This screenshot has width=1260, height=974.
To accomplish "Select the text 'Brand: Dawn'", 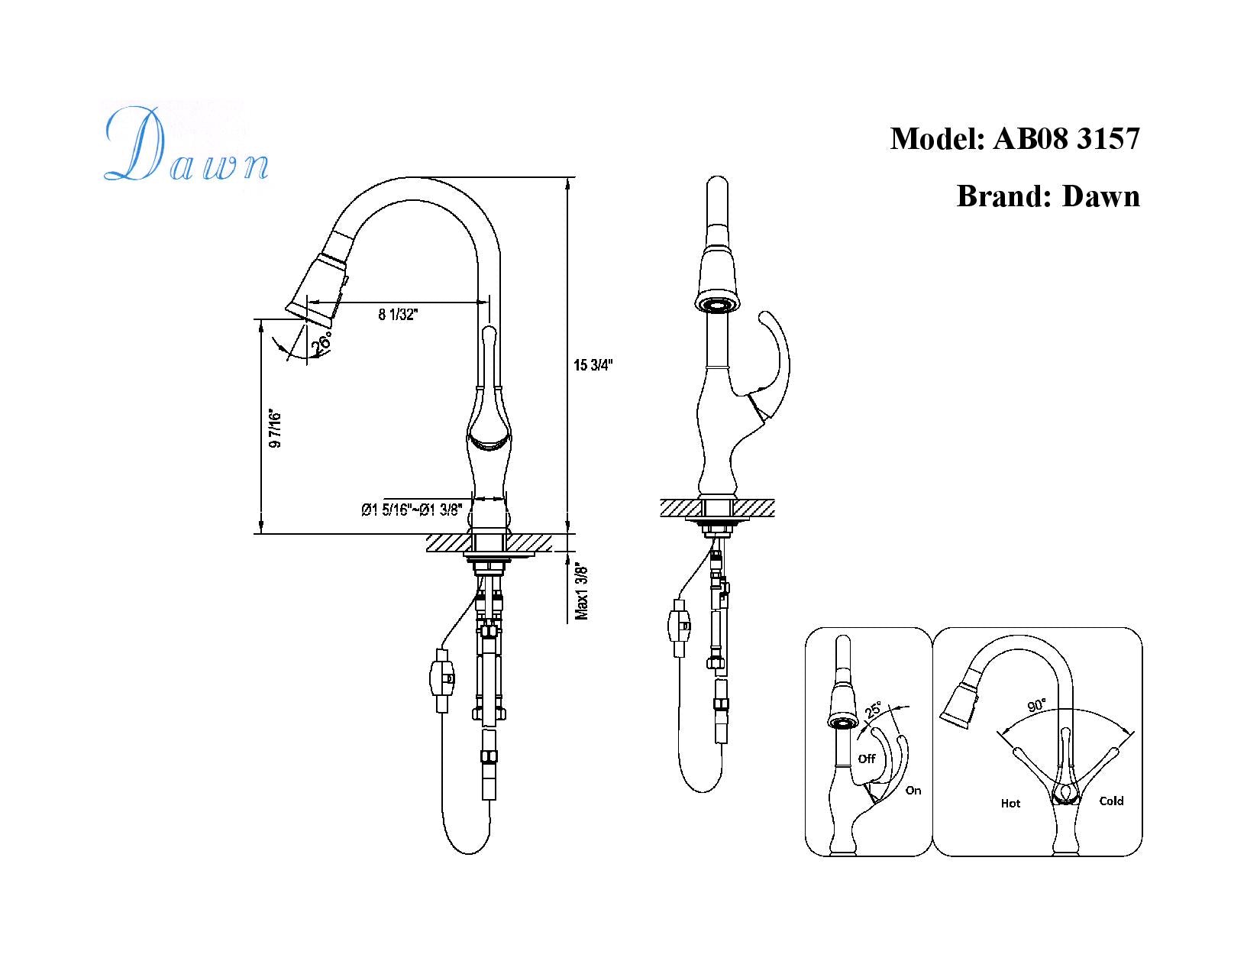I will [x=1048, y=196].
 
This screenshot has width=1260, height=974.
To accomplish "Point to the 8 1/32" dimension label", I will [x=398, y=314].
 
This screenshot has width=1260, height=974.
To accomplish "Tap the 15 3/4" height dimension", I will [x=593, y=365].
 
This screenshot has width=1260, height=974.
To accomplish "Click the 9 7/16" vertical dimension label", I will [x=276, y=429].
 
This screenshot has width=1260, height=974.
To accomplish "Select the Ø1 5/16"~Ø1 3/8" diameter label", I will [x=412, y=510].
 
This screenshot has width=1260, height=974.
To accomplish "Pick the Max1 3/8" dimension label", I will [x=583, y=592].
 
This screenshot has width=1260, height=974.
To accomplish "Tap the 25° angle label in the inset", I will [x=873, y=710].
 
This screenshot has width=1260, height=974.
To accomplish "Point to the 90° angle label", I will [x=1036, y=705].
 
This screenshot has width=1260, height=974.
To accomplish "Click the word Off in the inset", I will [x=867, y=759].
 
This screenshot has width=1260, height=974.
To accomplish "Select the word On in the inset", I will [x=913, y=791].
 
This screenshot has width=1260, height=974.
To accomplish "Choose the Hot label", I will [x=1010, y=803].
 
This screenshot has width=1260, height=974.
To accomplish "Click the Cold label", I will [x=1111, y=801].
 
